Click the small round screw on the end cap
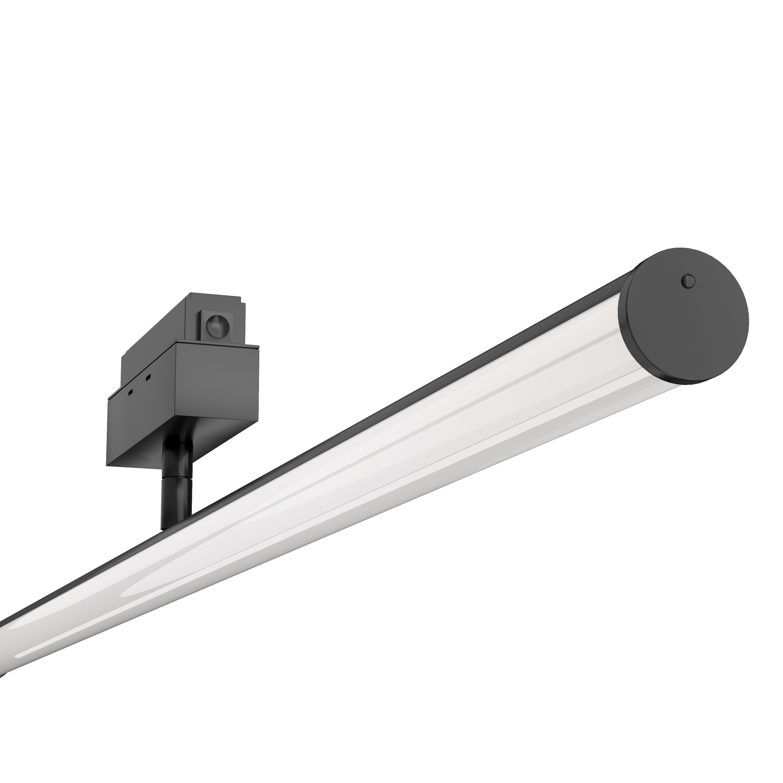pyautogui.click(x=688, y=280)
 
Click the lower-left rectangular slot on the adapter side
pyautogui.click(x=131, y=392)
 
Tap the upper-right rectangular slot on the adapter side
pyautogui.click(x=148, y=377)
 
